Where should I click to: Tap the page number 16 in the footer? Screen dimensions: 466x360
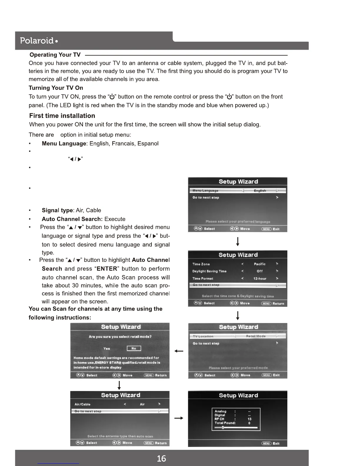(x=161, y=458)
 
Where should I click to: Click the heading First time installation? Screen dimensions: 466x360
(x=62, y=116)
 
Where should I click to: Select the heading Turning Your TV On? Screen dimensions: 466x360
(x=56, y=88)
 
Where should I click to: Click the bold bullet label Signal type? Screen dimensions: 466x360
(x=57, y=210)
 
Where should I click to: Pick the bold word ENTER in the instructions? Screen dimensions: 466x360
(x=107, y=269)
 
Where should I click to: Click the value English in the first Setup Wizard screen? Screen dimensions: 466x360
(x=260, y=191)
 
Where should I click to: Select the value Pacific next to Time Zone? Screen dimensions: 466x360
(x=259, y=264)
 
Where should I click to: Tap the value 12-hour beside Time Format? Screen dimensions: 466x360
(x=260, y=278)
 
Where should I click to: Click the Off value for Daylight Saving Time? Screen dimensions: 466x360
(x=259, y=271)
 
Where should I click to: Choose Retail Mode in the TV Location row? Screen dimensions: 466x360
(x=256, y=336)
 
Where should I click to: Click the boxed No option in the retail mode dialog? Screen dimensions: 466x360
(x=134, y=348)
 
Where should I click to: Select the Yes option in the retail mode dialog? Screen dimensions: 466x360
(x=106, y=348)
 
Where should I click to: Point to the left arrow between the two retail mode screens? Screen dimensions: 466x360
(x=179, y=351)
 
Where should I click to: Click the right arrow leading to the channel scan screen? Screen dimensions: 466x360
(x=179, y=418)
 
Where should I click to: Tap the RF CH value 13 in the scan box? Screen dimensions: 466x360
(x=249, y=419)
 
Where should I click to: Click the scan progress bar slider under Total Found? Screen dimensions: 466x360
(x=223, y=427)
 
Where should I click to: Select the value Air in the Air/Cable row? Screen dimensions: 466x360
(x=142, y=404)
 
